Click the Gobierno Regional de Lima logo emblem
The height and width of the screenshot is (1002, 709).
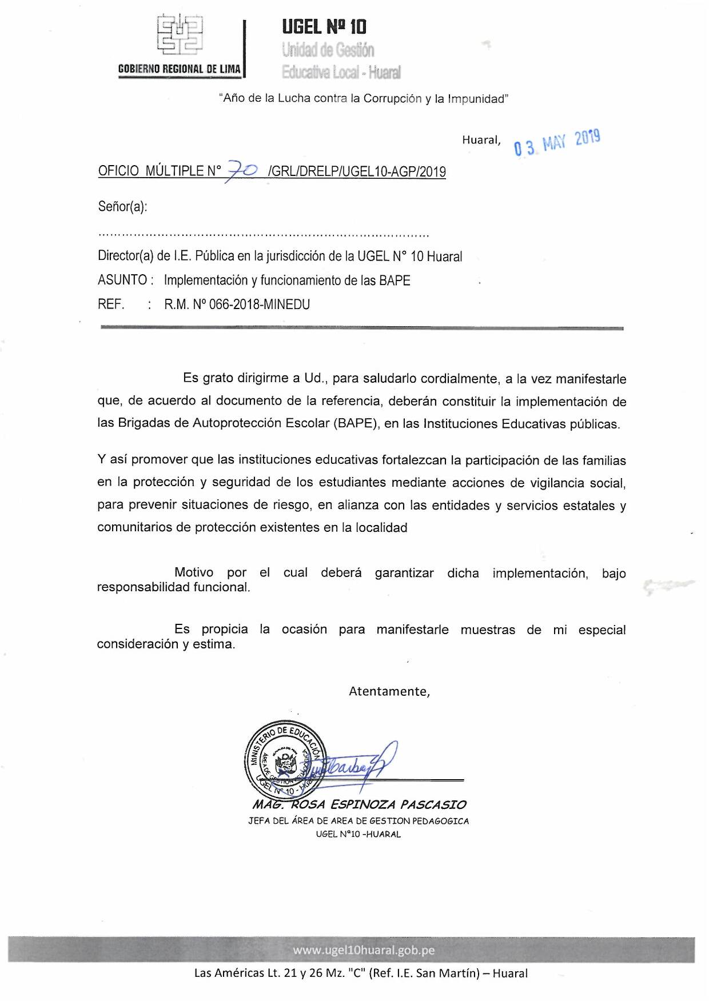180,35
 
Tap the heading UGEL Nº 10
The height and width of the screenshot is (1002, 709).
324,26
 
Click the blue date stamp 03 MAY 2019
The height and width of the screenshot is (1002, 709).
557,142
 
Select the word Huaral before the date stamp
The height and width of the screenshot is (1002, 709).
481,140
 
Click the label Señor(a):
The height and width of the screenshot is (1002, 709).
122,206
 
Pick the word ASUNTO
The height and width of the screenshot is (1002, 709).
122,280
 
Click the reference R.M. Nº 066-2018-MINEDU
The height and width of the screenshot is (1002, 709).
237,304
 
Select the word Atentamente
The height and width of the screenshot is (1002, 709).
389,691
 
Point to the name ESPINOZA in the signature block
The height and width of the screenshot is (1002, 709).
363,805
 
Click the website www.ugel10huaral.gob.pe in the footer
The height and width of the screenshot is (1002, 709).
364,950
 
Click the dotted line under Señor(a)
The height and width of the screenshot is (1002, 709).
264,234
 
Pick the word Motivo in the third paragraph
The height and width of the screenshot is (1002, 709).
194,572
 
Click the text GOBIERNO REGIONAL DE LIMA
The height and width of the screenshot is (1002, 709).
179,69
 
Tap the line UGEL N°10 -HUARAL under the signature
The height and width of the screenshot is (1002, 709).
359,834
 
